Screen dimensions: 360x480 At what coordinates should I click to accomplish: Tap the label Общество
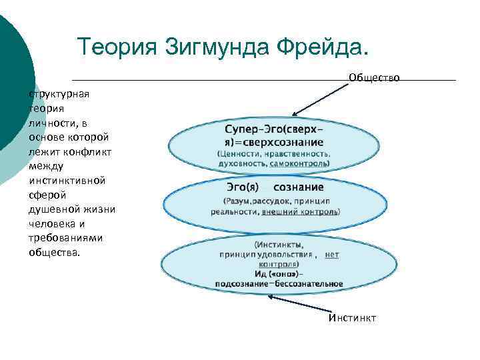[x=374, y=78]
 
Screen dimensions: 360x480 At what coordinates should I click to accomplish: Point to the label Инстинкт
[x=352, y=318]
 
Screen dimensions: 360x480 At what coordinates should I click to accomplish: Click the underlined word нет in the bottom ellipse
[x=332, y=255]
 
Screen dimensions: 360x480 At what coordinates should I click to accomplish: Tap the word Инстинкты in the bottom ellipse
[x=279, y=245]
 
